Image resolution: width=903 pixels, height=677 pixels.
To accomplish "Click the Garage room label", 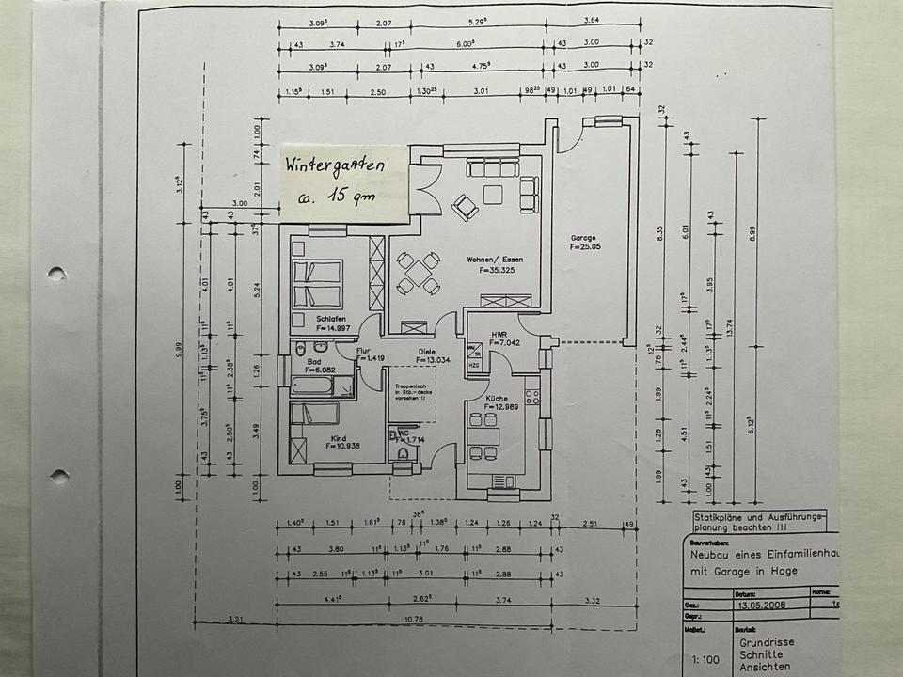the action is point(585,238).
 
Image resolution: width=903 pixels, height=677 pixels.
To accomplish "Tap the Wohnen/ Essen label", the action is point(495,259).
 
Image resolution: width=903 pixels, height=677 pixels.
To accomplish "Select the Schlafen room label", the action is point(332,319).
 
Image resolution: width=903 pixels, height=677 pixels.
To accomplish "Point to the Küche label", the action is point(496,399).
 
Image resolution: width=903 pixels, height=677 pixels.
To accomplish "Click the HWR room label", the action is point(499,333).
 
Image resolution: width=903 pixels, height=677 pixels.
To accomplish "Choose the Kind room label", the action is point(339,438).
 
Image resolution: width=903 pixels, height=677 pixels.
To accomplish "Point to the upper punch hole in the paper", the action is point(57,274).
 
